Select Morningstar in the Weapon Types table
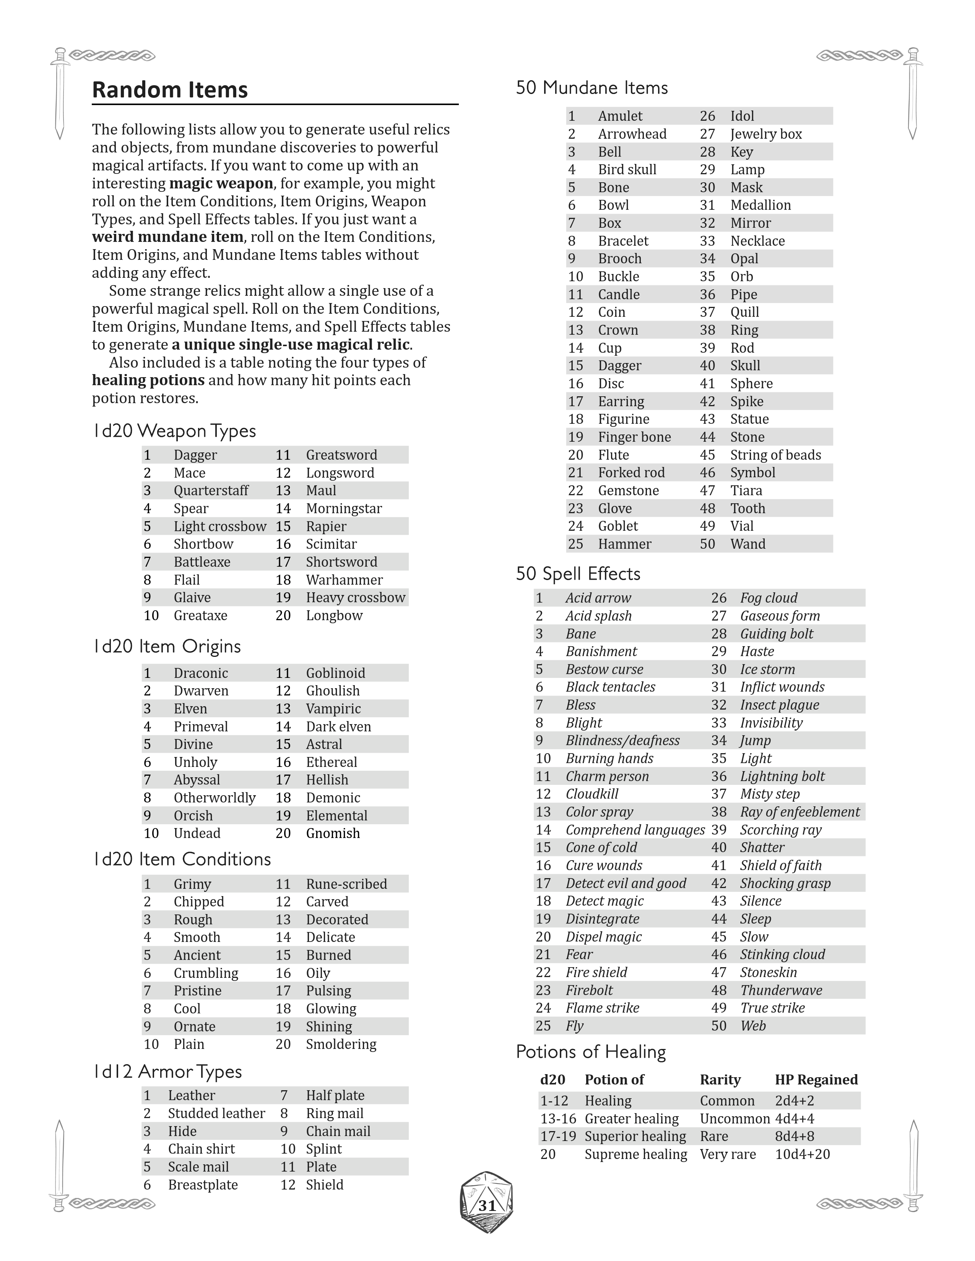pyautogui.click(x=344, y=509)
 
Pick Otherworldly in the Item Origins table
pyautogui.click(x=214, y=798)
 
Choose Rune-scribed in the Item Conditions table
pyautogui.click(x=346, y=884)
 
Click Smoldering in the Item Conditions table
pyautogui.click(x=341, y=1044)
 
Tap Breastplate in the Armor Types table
pyautogui.click(x=203, y=1185)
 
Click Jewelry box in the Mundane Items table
pyautogui.click(x=766, y=134)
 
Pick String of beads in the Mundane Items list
pyautogui.click(x=775, y=455)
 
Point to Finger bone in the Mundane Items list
pyautogui.click(x=634, y=437)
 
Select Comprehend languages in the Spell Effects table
pyautogui.click(x=635, y=830)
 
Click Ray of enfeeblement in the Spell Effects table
pyautogui.click(x=799, y=812)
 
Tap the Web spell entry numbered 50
pyautogui.click(x=752, y=1026)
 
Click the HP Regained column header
pyautogui.click(x=816, y=1080)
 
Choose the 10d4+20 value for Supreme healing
pyautogui.click(x=802, y=1154)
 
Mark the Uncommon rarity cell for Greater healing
pyautogui.click(x=734, y=1118)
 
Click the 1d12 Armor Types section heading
pyautogui.click(x=167, y=1071)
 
